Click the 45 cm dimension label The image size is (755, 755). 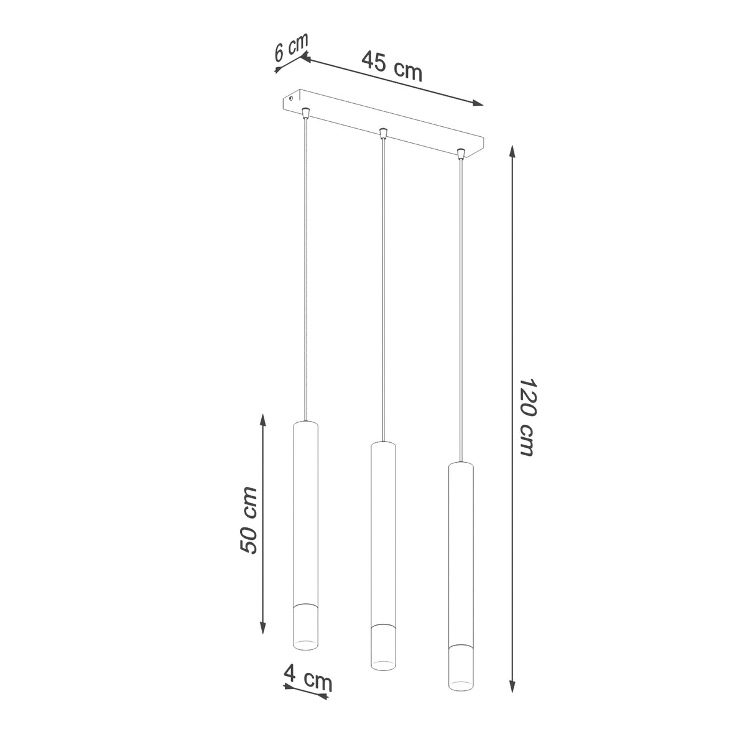[392, 67]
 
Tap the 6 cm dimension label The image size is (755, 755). [290, 47]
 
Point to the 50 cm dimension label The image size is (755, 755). [248, 521]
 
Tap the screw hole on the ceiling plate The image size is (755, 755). [290, 98]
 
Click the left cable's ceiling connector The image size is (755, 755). [305, 113]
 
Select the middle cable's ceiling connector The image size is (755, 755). [384, 133]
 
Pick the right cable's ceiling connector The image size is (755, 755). [461, 154]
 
